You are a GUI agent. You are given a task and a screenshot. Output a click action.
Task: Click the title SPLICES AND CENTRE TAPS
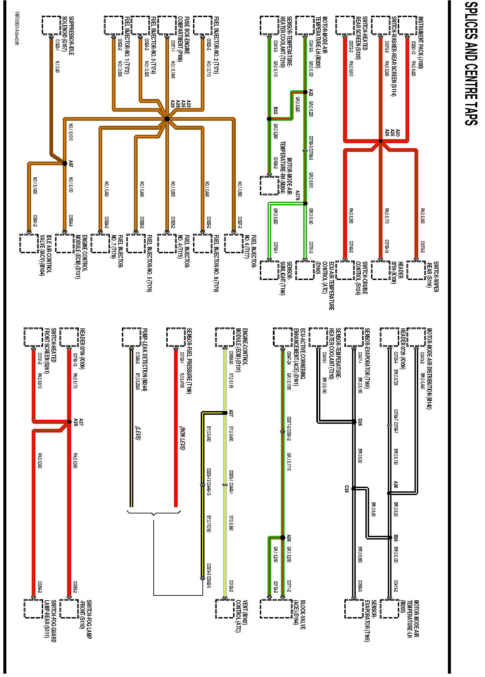point(471,64)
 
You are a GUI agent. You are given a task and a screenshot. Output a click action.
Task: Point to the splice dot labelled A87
point(65,163)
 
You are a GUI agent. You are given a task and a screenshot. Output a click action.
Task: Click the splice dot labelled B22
point(269,119)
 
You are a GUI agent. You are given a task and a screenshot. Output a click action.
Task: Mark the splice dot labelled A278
point(305,203)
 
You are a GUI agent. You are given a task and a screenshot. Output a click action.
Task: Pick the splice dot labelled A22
point(305,92)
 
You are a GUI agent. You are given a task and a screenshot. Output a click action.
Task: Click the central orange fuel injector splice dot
point(167,119)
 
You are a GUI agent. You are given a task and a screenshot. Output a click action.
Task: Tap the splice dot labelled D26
point(354,422)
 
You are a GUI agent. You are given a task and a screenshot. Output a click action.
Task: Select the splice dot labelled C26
point(353,489)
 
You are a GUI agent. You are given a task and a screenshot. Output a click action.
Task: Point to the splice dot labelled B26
point(390,538)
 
